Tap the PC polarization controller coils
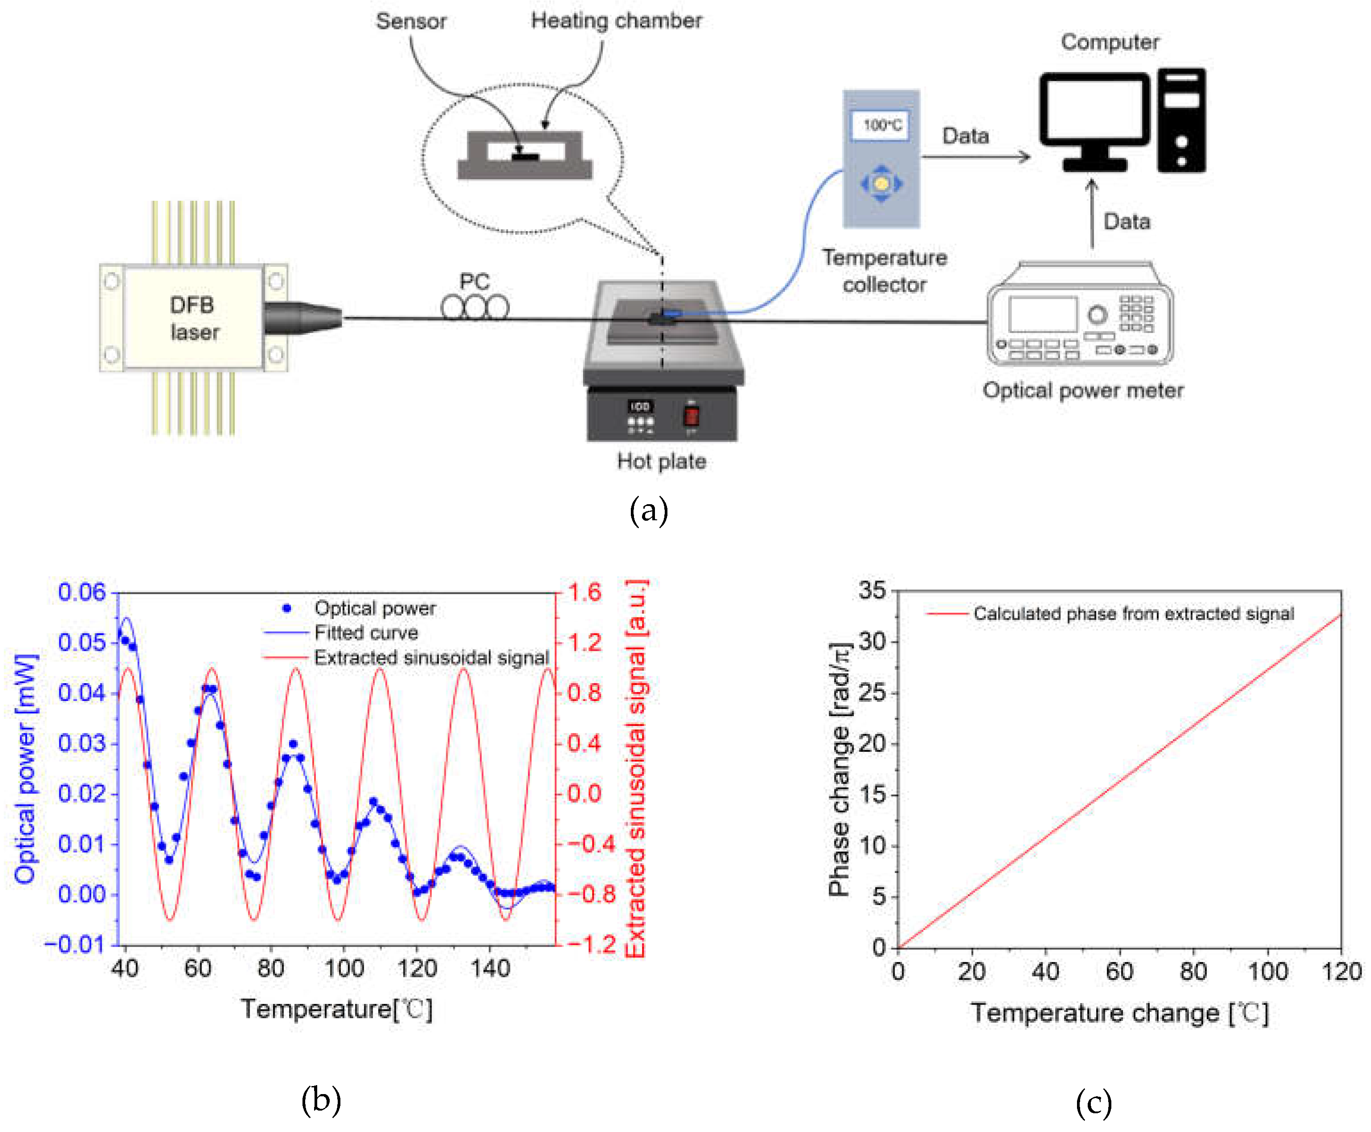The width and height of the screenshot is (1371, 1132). coord(475,307)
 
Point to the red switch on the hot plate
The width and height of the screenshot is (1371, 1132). coord(691,415)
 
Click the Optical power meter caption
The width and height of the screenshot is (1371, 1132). coord(1083,390)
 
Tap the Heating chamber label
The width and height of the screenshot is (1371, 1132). coord(616,21)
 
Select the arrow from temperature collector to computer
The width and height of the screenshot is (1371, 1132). coord(976,157)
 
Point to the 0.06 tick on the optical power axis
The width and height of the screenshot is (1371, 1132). coord(82,592)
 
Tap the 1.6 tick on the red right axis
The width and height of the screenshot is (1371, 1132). coord(584,592)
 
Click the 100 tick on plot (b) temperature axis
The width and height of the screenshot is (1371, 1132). coord(344,968)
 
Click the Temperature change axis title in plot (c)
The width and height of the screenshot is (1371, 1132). coord(1118,1013)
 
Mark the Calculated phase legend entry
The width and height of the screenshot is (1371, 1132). coord(1133,614)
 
